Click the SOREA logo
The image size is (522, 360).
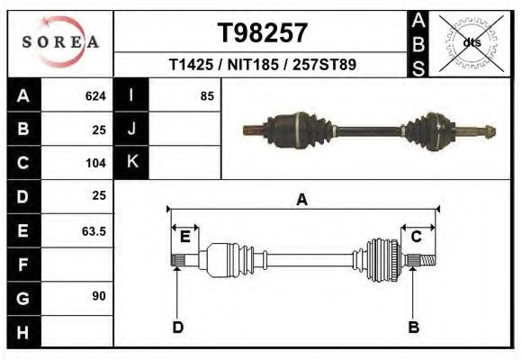pos(60,42)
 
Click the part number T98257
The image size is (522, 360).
pos(263,32)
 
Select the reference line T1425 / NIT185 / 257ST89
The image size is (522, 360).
pos(263,65)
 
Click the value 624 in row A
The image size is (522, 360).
pos(95,96)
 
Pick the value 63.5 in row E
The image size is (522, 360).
pos(94,231)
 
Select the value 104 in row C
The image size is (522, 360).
pos(95,164)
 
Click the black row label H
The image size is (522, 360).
pos(23,332)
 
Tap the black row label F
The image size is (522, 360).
pos(23,265)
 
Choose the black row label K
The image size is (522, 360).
pos(132,162)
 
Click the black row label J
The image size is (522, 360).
pos(132,130)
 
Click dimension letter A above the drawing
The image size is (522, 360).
pos(302,200)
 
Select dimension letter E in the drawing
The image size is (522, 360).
pos(184,237)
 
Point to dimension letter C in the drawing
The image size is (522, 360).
pos(417,237)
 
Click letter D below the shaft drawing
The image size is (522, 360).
pos(177,327)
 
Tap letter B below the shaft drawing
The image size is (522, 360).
pos(414,327)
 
